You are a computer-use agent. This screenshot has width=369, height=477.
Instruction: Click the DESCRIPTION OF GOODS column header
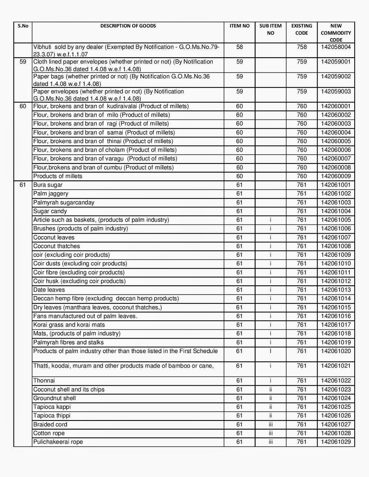pyautogui.click(x=128, y=26)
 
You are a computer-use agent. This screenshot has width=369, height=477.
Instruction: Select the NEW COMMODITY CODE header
pyautogui.click(x=336, y=33)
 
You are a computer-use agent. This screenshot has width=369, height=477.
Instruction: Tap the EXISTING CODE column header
pyautogui.click(x=302, y=29)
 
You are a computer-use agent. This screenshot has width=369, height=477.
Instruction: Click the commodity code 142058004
pyautogui.click(x=336, y=47)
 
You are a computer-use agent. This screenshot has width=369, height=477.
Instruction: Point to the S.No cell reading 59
pyautogui.click(x=23, y=62)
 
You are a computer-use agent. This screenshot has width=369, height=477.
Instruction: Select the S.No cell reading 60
pyautogui.click(x=23, y=106)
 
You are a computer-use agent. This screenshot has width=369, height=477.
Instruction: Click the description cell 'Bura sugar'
pyautogui.click(x=48, y=185)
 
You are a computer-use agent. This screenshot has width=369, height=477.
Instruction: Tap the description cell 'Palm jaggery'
pyautogui.click(x=51, y=194)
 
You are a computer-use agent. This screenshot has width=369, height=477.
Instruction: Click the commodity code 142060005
pyautogui.click(x=336, y=141)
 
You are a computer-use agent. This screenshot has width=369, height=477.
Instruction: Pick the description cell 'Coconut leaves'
pyautogui.click(x=54, y=238)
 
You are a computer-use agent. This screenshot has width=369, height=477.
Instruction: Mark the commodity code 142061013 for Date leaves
pyautogui.click(x=336, y=290)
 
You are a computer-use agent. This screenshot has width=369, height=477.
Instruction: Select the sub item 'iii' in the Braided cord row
pyautogui.click(x=270, y=425)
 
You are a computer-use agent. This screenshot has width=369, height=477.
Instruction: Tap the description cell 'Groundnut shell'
pyautogui.click(x=54, y=398)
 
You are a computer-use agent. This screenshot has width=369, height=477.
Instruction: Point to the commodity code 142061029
pyautogui.click(x=336, y=442)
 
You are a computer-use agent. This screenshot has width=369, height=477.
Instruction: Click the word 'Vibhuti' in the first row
pyautogui.click(x=42, y=47)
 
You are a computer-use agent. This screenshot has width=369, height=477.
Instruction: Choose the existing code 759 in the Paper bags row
pyautogui.click(x=302, y=77)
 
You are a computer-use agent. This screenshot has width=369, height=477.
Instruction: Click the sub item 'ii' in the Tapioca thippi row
pyautogui.click(x=270, y=416)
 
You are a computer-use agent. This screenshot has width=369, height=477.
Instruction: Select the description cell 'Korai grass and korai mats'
pyautogui.click(x=69, y=325)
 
